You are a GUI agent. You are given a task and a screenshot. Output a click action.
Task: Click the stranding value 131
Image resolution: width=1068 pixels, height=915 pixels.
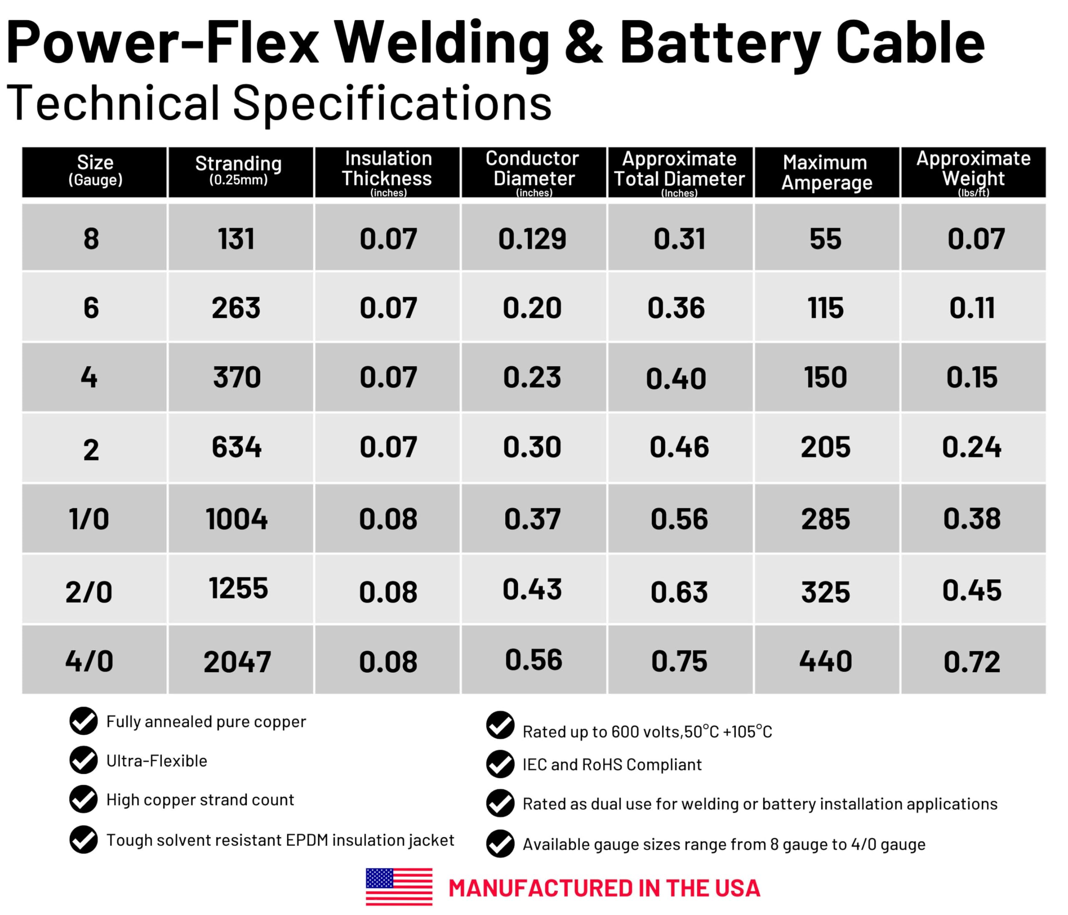236,239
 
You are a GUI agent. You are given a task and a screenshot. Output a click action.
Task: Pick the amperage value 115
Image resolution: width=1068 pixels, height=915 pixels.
825,308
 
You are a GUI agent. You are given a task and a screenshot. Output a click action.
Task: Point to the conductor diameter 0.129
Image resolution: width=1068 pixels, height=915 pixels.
532,239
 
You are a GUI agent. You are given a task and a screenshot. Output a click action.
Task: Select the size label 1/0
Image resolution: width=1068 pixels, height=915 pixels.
89,518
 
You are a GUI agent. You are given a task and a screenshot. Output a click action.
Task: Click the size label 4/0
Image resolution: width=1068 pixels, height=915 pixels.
89,661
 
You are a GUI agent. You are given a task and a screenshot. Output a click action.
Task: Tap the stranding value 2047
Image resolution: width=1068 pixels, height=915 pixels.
237,662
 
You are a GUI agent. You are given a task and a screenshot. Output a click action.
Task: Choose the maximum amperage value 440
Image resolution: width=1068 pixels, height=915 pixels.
825,661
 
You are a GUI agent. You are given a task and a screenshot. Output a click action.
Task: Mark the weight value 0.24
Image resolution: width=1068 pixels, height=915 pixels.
972,447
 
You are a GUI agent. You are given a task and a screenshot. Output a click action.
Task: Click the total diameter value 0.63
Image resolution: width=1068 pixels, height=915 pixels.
679,592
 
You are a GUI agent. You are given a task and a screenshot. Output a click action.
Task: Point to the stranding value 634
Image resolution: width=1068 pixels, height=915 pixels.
237,447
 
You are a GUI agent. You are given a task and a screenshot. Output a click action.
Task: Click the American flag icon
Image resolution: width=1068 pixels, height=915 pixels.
399,887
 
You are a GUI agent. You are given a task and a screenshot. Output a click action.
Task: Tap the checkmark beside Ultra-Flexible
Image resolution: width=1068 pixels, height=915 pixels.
83,760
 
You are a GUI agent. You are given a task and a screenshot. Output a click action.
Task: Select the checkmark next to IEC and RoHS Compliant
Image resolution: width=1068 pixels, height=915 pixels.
500,764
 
